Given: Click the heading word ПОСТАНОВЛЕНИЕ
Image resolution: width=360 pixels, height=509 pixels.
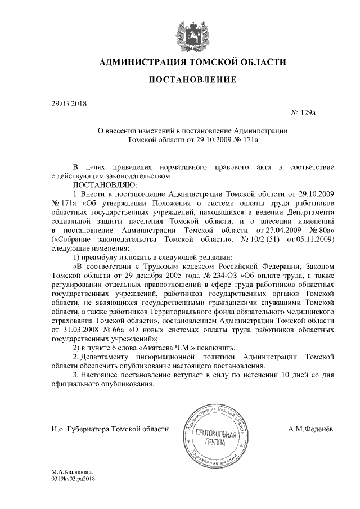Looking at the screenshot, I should point(192,80).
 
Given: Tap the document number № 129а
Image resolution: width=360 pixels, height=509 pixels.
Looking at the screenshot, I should point(303,114).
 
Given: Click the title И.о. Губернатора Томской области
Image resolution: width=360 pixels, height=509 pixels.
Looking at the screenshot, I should point(110,429).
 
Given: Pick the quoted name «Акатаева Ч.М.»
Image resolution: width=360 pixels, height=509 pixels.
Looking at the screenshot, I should point(170,349).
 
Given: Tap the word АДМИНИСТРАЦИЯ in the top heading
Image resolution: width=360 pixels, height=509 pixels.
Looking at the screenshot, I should point(144,61).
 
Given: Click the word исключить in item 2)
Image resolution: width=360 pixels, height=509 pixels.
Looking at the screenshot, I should point(215,349).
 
